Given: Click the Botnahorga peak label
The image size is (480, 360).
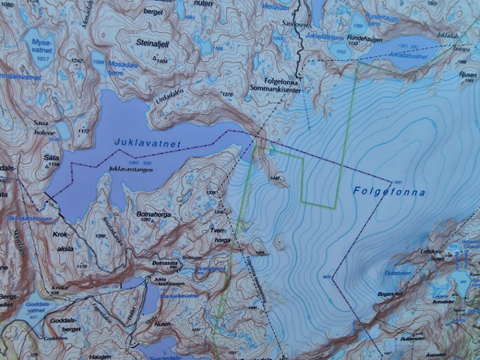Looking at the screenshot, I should (x=153, y=214).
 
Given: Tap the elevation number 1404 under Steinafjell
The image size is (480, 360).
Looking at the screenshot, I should (x=161, y=60).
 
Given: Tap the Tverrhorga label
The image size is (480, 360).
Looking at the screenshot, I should (x=220, y=236).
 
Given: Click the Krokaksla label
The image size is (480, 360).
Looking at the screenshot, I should (x=62, y=241).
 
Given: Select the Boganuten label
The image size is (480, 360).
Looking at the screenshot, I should (x=390, y=294).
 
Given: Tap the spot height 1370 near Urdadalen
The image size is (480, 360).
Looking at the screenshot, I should (x=227, y=94).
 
